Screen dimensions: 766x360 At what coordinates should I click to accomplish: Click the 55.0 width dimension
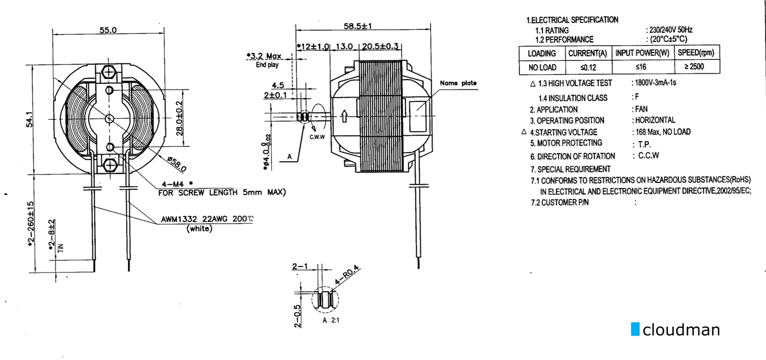108,30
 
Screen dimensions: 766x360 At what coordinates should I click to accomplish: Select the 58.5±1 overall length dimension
358,26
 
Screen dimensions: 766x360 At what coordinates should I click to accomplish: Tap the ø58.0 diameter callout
177,164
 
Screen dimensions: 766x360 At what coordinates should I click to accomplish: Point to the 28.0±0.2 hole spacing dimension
180,118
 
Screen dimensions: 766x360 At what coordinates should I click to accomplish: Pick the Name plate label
458,83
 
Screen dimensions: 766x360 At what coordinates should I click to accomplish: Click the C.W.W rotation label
317,137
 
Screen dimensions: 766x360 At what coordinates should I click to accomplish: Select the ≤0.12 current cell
588,67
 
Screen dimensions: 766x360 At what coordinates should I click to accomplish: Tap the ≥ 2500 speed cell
694,66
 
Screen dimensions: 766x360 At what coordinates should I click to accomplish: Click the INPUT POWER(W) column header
642,53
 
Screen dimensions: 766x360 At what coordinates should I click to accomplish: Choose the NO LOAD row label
542,68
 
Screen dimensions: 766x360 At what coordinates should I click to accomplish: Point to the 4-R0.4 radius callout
347,275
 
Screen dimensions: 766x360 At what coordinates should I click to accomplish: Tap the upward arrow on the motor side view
345,116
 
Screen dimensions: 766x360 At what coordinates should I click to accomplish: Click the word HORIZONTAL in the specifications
655,120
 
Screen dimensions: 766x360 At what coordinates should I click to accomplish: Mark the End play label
267,65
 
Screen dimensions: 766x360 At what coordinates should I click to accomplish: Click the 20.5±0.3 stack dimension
380,46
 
